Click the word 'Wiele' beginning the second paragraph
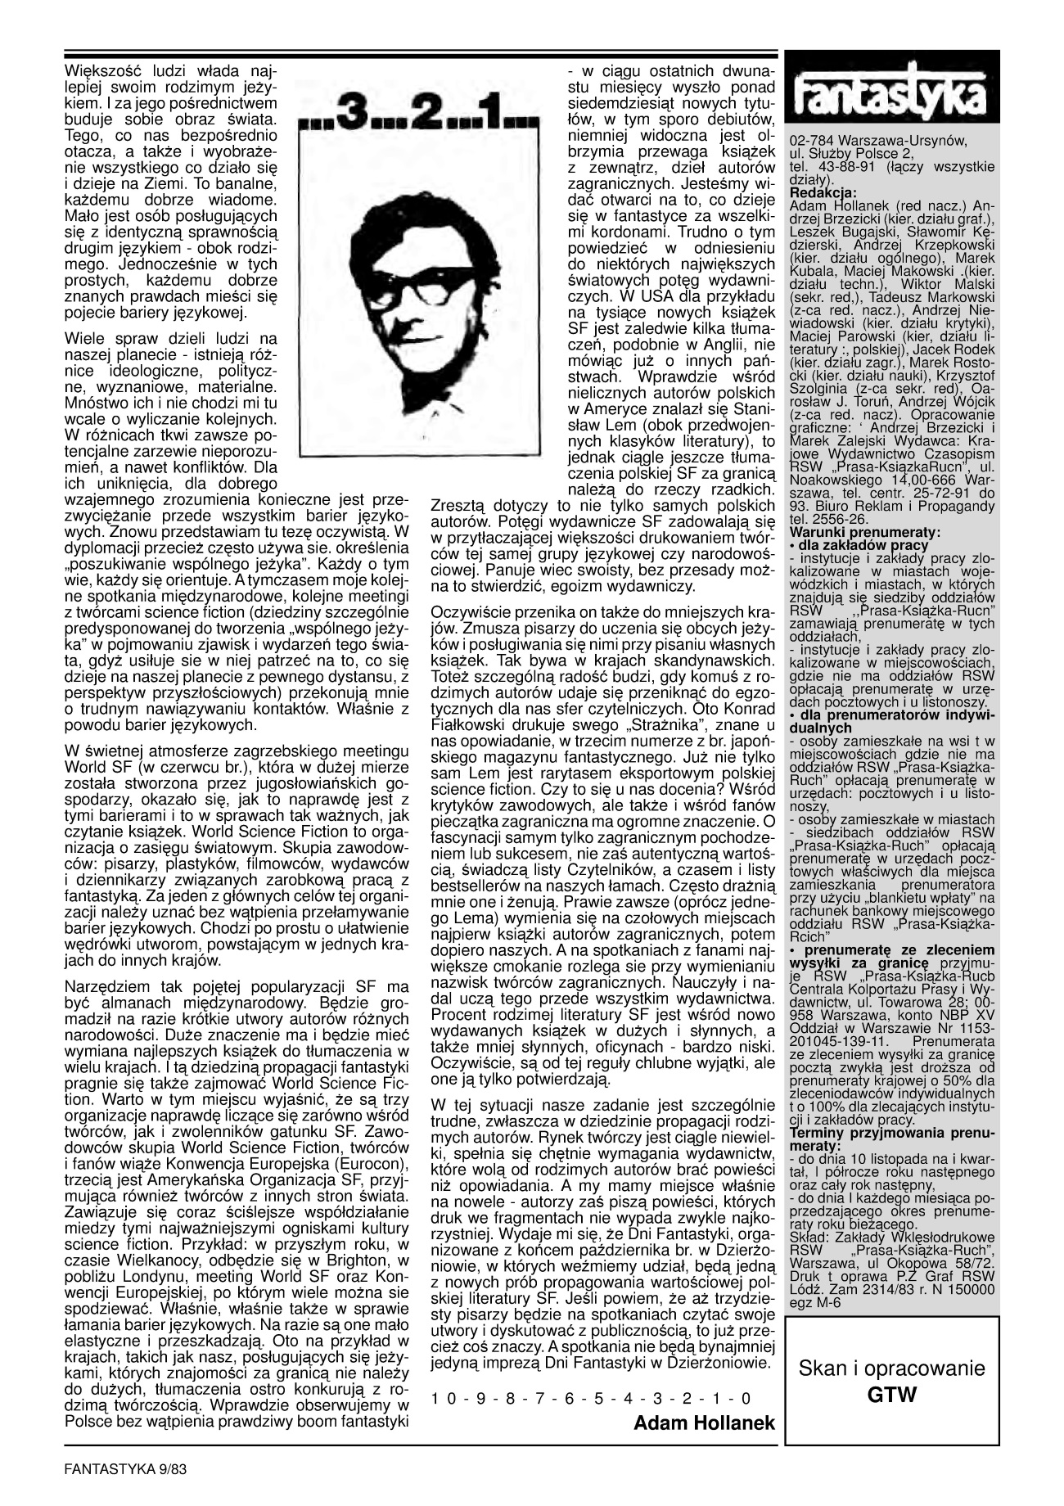click(x=83, y=338)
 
